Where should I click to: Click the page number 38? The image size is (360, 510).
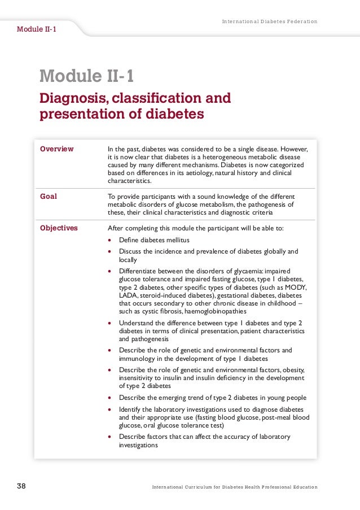[x=22, y=486]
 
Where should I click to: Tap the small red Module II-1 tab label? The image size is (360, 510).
[x=36, y=29]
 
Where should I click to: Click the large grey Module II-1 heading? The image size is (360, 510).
[x=86, y=76]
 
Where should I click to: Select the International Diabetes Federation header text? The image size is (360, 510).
[x=269, y=21]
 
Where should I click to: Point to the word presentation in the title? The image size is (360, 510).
[x=78, y=114]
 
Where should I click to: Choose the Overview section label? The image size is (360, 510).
[x=56, y=149]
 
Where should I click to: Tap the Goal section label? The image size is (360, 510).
[x=48, y=197]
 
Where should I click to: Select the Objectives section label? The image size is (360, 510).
[x=59, y=228]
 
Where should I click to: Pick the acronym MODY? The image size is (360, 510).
[x=297, y=287]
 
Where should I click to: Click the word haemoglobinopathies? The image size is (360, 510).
[x=214, y=311]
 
